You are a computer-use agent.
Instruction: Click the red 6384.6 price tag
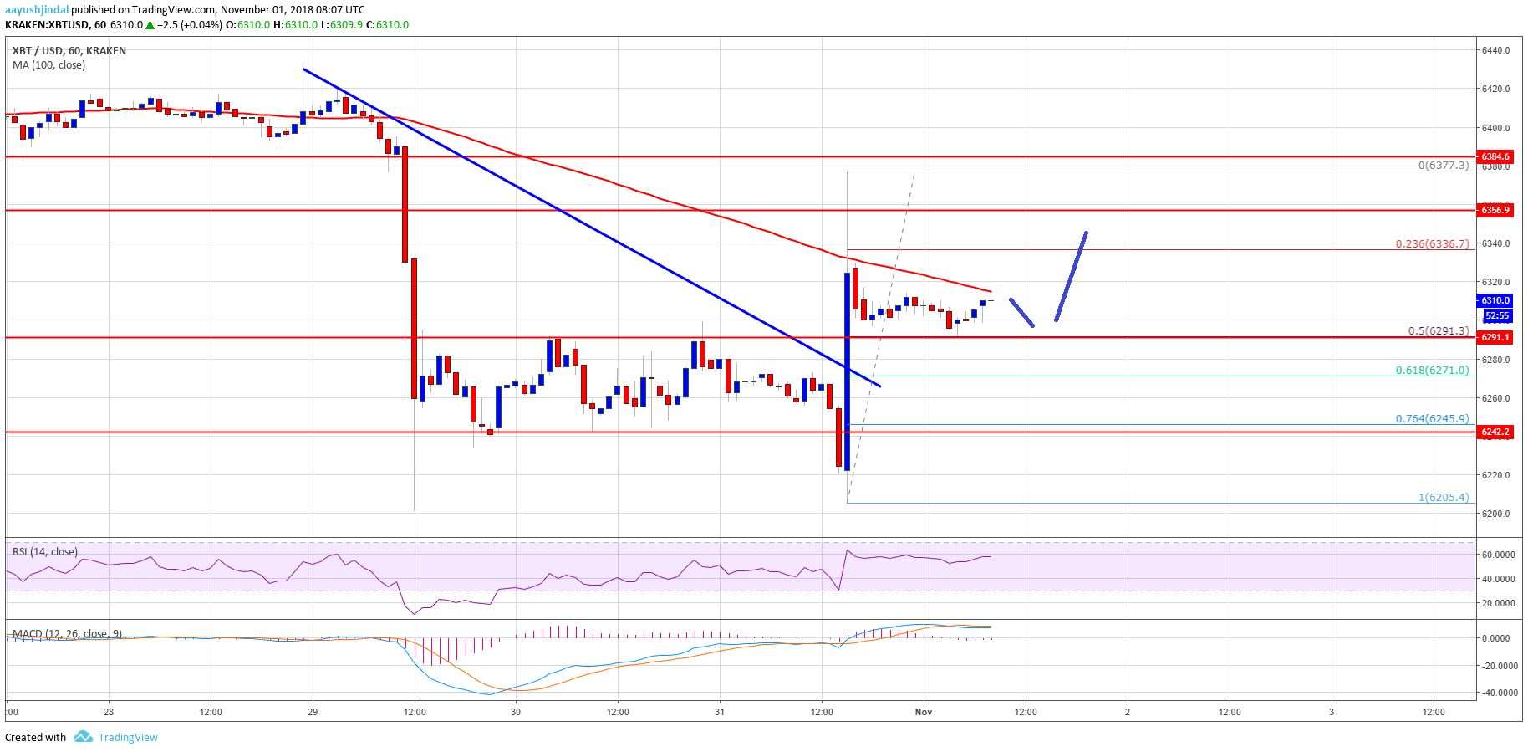1495,156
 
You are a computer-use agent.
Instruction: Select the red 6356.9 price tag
1495,210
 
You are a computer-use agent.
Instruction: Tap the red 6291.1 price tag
1495,337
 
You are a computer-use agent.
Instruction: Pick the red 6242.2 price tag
1495,432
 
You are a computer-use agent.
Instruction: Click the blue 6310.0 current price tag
1495,300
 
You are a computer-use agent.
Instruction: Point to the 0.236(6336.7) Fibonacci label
1432,244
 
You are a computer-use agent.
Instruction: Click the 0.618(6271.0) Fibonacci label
1432,370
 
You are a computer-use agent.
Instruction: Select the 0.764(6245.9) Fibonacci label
1432,418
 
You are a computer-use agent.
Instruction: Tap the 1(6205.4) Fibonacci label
1444,497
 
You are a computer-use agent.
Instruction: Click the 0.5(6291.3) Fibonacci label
1438,330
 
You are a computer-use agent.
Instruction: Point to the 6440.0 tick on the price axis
1495,50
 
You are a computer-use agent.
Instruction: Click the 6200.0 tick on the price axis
1495,514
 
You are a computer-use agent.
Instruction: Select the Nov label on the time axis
924,712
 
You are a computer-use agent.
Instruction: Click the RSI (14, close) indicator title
45,552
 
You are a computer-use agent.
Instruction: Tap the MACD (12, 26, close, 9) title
67,633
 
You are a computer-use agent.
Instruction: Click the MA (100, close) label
48,65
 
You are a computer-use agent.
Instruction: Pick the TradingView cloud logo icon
83,737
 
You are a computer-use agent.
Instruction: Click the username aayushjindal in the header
37,10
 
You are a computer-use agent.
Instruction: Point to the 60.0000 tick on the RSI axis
1498,555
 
